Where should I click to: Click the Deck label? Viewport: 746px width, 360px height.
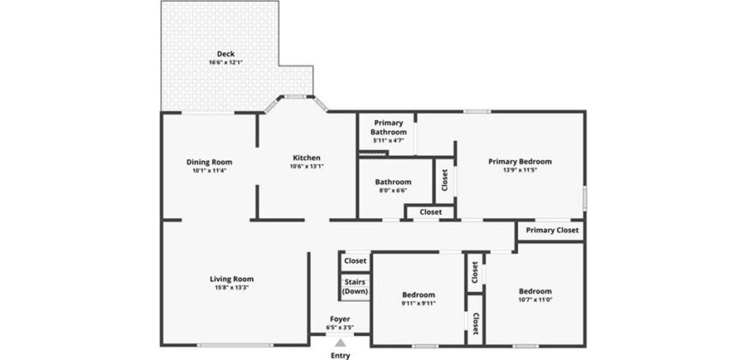pos(226,54)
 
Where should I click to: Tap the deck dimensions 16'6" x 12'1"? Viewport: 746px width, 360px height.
pos(226,63)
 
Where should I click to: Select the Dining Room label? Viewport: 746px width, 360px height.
pos(209,162)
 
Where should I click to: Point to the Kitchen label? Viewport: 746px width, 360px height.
pos(306,158)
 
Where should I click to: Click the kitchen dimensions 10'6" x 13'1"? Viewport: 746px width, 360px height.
pos(306,166)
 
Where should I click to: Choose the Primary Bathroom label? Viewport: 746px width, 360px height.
pos(388,128)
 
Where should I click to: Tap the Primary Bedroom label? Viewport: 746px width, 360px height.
pos(520,162)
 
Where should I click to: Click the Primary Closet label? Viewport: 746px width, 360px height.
pos(552,231)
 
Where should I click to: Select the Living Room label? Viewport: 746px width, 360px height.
pos(232,279)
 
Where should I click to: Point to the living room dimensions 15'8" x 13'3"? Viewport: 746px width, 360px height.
pos(232,287)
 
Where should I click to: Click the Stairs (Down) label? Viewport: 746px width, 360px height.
pos(355,287)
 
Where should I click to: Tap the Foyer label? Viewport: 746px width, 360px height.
pos(340,319)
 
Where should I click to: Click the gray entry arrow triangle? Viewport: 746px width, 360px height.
pos(340,343)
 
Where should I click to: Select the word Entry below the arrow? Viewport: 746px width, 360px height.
pos(340,355)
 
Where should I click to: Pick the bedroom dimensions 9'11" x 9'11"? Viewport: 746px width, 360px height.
pos(418,303)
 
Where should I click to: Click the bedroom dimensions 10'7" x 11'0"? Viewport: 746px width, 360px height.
pos(535,300)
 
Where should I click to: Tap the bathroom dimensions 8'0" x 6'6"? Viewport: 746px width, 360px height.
pos(393,190)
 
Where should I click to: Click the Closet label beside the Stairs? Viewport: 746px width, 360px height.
pos(355,261)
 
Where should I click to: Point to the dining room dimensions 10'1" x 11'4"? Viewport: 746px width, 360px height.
pos(209,171)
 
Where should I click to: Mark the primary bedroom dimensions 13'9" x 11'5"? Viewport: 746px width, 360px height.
pos(520,171)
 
